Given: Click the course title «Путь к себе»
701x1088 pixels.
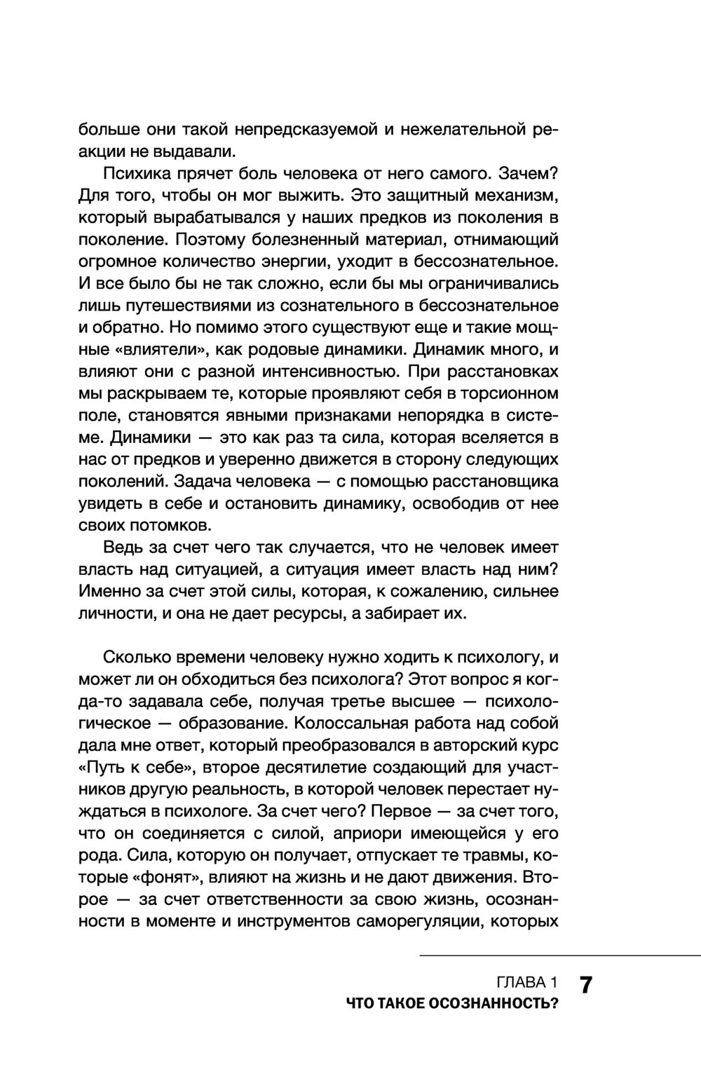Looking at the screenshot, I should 135,768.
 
